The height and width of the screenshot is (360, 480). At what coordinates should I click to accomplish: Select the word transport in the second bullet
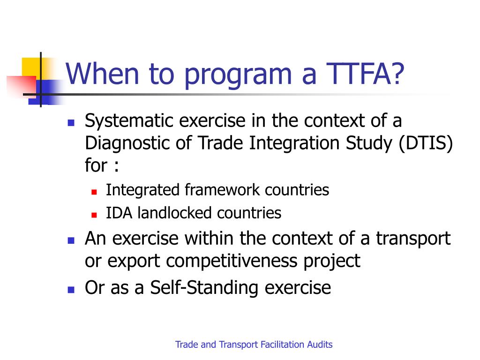(412, 239)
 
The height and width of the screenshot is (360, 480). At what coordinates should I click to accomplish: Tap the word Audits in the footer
(320, 345)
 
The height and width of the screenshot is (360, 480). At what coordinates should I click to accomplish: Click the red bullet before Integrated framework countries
(94, 192)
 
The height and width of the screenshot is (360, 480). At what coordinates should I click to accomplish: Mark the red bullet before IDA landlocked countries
(94, 215)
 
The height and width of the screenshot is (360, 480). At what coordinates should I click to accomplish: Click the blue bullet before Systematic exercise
(71, 123)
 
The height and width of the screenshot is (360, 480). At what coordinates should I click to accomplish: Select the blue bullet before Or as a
(71, 289)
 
